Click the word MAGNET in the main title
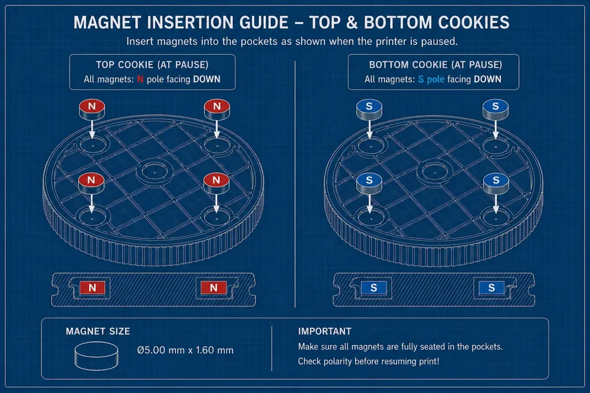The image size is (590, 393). (x=107, y=22)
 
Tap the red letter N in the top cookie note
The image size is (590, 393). (x=140, y=80)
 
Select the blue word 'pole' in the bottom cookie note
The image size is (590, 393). (x=435, y=80)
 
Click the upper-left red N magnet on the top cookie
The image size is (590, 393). (x=92, y=109)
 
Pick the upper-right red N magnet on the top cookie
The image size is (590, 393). (x=217, y=109)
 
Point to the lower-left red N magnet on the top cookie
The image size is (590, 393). (x=91, y=182)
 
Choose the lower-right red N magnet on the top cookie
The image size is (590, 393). (x=216, y=182)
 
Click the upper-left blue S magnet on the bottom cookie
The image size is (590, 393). (x=369, y=109)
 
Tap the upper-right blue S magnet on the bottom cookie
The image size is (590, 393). (x=496, y=109)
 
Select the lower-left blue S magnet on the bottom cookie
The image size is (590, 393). (x=369, y=182)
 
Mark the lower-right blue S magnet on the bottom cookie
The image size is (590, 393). (x=496, y=182)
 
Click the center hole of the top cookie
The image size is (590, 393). (x=155, y=172)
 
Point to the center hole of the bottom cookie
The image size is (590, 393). (x=435, y=172)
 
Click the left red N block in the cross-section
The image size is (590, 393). (x=92, y=287)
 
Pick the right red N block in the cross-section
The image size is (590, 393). (x=214, y=287)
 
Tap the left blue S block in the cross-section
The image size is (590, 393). (x=373, y=287)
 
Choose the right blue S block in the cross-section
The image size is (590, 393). (x=491, y=287)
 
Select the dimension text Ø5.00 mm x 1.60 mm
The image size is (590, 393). (x=185, y=351)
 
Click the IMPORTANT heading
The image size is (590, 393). (x=324, y=331)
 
